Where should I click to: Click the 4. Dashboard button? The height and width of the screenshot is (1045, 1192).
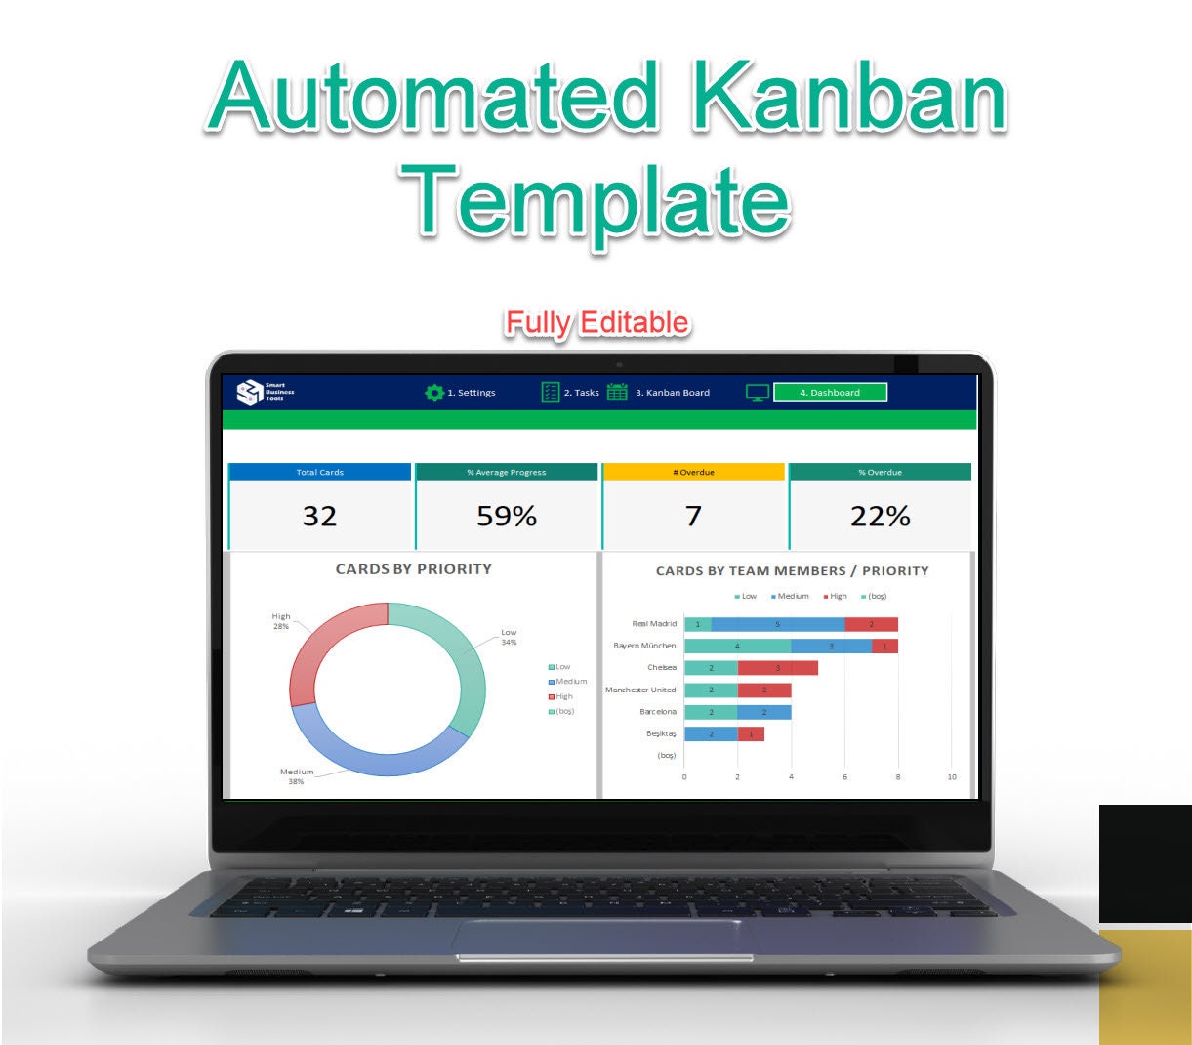[x=830, y=393]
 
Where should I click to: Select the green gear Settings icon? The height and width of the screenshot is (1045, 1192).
[x=433, y=393]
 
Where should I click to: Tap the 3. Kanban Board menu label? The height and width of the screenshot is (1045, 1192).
[x=673, y=393]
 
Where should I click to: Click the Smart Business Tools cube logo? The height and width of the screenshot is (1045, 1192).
[x=250, y=393]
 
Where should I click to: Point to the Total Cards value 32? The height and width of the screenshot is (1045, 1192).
[x=319, y=516]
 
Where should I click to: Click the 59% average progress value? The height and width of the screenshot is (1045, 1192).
[x=506, y=516]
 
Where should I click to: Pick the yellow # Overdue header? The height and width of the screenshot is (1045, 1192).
[x=693, y=473]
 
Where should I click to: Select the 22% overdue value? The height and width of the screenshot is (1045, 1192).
[x=880, y=516]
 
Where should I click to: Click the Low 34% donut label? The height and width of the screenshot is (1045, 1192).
[x=509, y=637]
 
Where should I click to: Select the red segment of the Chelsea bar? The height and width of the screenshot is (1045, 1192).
[x=777, y=668]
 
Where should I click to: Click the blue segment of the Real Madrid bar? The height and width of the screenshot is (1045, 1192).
[x=778, y=624]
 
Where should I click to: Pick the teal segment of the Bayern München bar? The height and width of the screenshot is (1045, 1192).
[x=737, y=646]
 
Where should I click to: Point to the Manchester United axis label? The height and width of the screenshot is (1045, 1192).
[x=640, y=690]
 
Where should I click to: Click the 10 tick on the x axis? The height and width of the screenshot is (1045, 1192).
[x=952, y=777]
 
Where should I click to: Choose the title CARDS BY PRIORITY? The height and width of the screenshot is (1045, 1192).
[x=413, y=569]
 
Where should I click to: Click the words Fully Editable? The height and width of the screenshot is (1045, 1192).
[x=596, y=322]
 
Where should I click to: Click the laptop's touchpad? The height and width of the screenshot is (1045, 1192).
[x=603, y=939]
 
